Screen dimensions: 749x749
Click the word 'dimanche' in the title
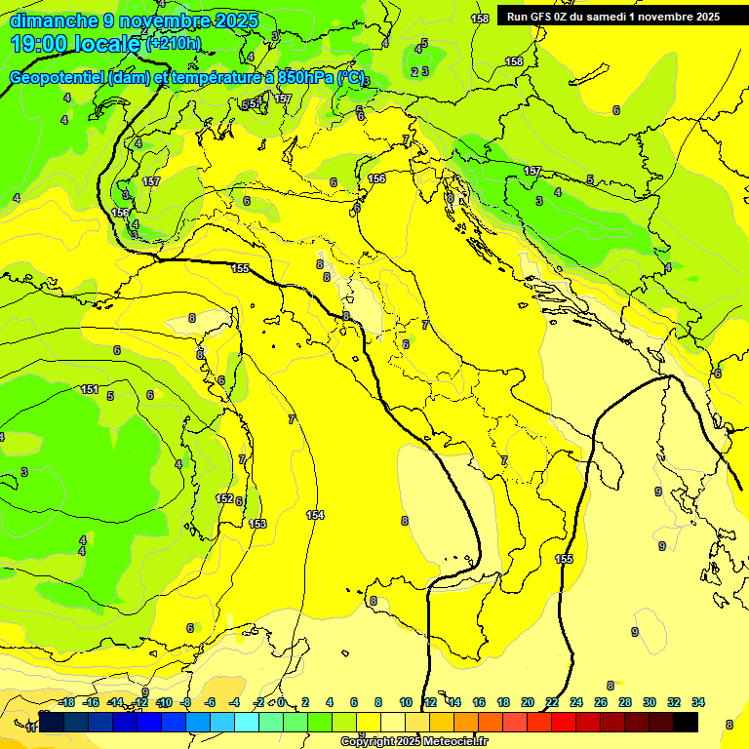(49, 20)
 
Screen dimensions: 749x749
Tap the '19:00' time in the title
(45, 43)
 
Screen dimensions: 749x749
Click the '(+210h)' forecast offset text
(174, 43)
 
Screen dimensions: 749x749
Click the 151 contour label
(90, 390)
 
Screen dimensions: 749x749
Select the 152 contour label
(224, 498)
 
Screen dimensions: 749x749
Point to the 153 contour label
(258, 524)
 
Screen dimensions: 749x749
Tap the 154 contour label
(315, 515)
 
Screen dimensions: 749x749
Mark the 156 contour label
(376, 178)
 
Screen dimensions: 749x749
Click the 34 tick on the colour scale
(698, 702)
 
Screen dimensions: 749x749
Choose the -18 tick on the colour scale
(66, 702)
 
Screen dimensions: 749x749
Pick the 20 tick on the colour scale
(528, 702)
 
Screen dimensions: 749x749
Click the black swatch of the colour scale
(685, 722)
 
